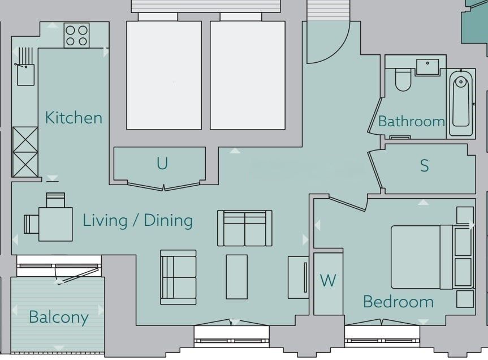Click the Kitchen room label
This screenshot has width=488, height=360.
tap(74, 118)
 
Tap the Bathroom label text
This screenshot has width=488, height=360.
tap(412, 121)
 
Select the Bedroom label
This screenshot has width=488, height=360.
tap(398, 302)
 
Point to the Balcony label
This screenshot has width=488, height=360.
tap(59, 318)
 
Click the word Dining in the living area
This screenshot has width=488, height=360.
tap(169, 221)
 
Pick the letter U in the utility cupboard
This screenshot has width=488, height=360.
tap(162, 163)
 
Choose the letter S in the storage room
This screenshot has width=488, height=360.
tap(424, 166)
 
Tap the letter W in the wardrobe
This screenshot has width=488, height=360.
tap(328, 280)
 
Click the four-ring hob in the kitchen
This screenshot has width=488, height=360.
tap(76, 36)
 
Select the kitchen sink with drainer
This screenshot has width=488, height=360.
tap(25, 66)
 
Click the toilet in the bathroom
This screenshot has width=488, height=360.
tap(403, 79)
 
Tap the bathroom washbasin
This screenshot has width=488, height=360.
tap(427, 67)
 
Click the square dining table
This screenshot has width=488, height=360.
tap(56, 224)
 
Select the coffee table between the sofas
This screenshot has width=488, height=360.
tap(237, 277)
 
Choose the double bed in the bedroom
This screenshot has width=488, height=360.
tap(432, 257)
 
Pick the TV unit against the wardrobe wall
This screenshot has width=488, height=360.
tap(298, 277)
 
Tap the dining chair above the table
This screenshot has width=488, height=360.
tap(56, 200)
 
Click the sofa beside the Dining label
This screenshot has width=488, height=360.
tap(245, 228)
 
